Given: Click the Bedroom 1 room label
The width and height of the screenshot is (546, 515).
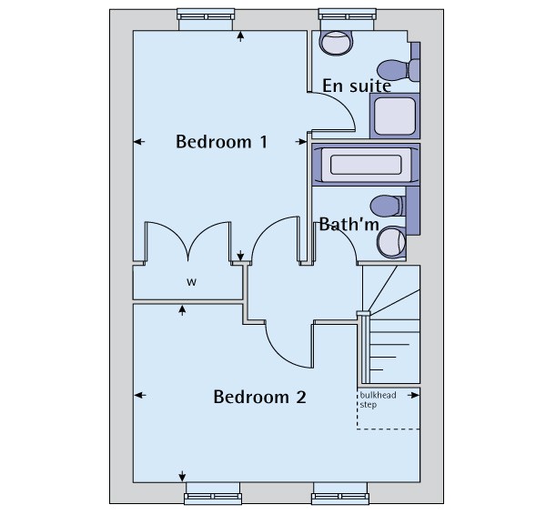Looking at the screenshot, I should tap(221, 142).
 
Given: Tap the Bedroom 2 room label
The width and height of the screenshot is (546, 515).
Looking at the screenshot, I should tap(259, 398).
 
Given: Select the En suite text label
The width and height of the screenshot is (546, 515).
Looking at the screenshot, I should tap(357, 86).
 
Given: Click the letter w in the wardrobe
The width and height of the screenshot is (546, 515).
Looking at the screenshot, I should tap(191, 282).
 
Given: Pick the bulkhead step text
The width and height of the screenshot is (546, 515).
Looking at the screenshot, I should tap(375, 400).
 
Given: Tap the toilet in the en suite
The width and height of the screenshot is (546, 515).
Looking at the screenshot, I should tap(398, 68).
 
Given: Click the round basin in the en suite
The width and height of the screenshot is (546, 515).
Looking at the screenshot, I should tap(336, 42).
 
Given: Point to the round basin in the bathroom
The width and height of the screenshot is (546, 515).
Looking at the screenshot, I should tap(391, 240).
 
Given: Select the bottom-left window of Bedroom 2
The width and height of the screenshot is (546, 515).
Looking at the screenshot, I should tap(213, 498).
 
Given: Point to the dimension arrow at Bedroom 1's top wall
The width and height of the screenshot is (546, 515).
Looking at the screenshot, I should tap(240, 36).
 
